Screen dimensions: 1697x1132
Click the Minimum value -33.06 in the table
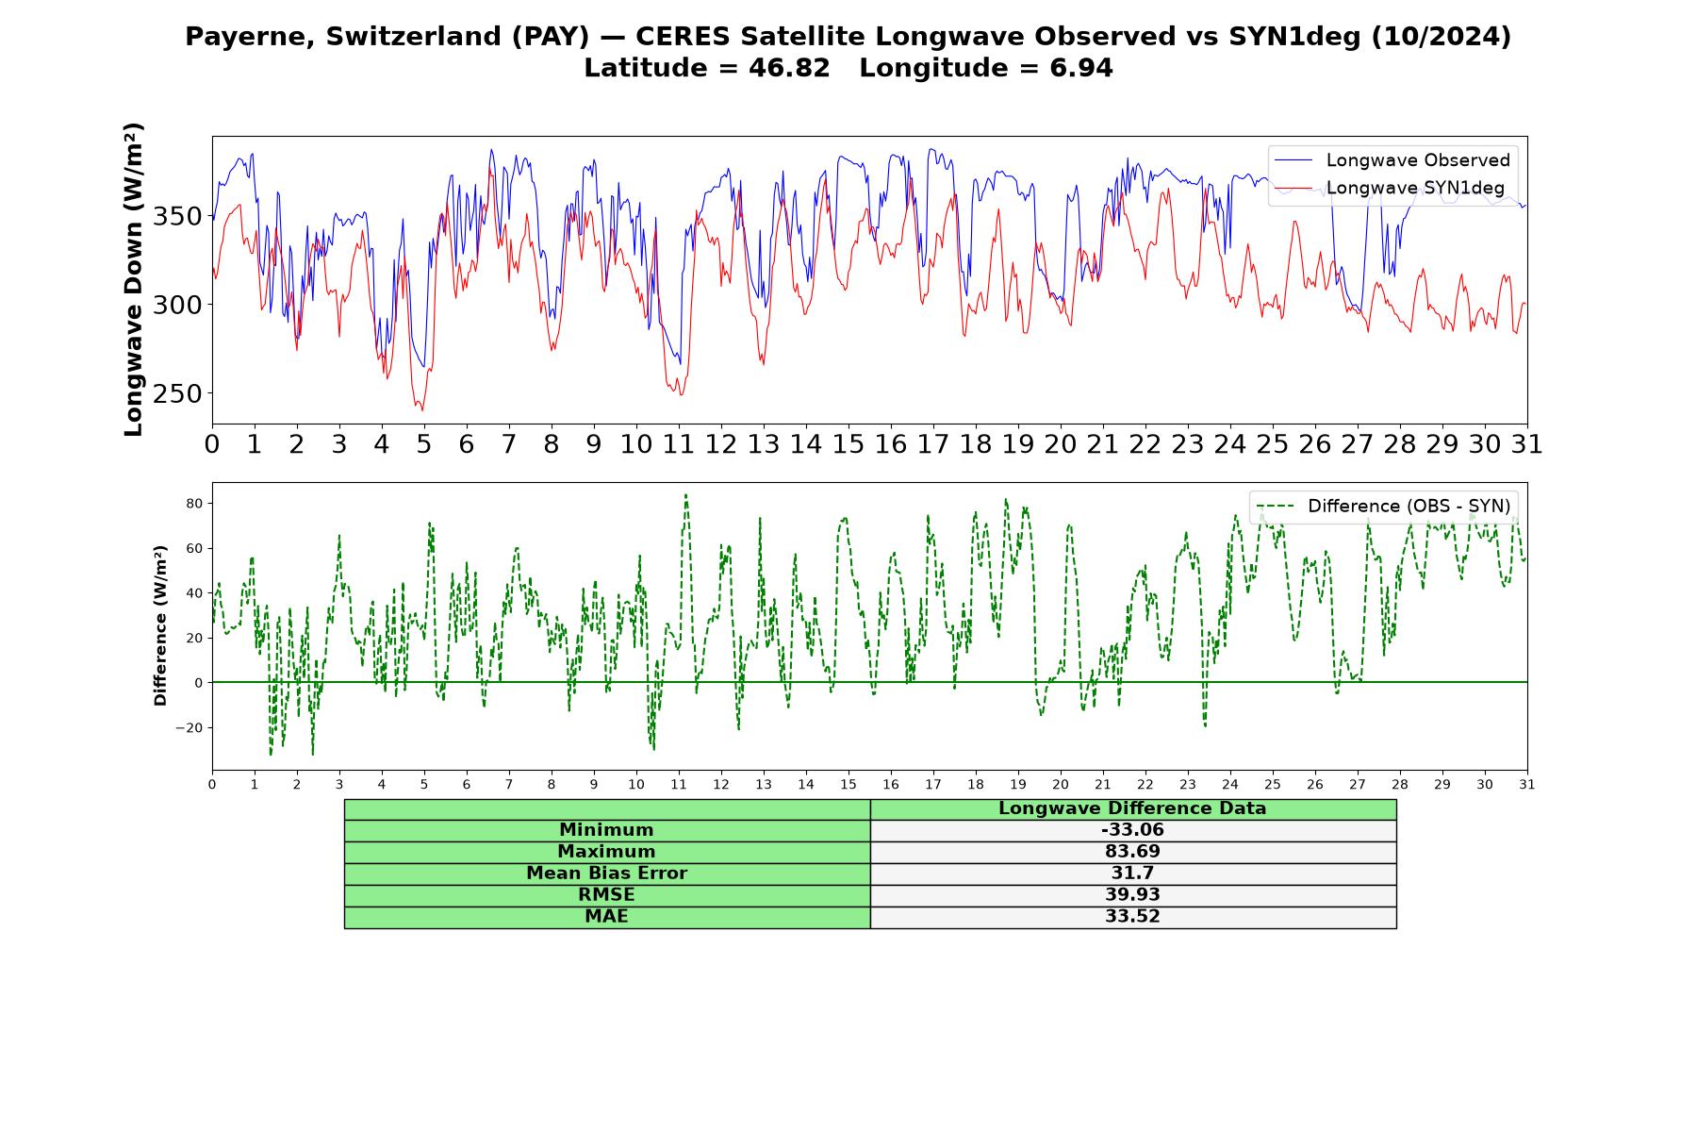tap(1132, 830)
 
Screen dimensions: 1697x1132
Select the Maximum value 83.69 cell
tap(1132, 852)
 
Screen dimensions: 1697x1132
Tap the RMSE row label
tap(606, 895)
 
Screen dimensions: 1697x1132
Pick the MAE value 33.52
tap(1132, 917)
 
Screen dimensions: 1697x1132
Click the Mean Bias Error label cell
tap(606, 874)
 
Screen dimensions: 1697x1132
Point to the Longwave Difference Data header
tap(1132, 808)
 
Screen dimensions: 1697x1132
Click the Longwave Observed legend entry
tap(1392, 160)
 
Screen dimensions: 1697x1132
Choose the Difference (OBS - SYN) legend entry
tap(1383, 507)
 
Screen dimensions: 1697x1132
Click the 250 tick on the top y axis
tap(177, 394)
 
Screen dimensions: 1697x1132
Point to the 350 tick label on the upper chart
tap(177, 217)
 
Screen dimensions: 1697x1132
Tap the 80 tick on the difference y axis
tap(194, 504)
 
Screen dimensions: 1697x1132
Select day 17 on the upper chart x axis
tap(932, 444)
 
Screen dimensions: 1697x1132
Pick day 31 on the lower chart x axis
tap(1527, 785)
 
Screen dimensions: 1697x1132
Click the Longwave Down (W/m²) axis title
tap(134, 279)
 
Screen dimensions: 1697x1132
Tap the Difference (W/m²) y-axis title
tap(161, 625)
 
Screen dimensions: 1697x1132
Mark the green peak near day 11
tap(685, 494)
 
